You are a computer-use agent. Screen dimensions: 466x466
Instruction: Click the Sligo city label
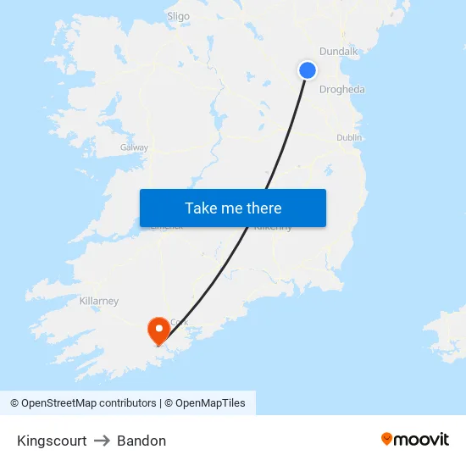pos(179,15)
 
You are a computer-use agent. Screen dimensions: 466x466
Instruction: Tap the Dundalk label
pos(339,52)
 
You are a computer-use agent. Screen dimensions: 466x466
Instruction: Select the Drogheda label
pos(342,90)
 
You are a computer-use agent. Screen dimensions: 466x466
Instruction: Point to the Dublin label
pos(349,137)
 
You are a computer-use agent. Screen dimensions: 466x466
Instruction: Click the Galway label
pos(134,147)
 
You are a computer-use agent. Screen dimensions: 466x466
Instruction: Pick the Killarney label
pos(98,301)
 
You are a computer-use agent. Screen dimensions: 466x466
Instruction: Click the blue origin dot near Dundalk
pos(308,70)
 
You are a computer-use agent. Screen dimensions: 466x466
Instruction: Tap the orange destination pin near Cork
pos(158,330)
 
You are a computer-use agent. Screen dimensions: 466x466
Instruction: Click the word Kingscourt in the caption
pos(52,441)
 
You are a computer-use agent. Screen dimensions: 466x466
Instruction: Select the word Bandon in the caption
pos(141,441)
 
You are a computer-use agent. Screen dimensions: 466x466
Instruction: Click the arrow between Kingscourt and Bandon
pos(102,441)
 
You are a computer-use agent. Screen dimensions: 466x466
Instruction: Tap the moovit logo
pos(415,439)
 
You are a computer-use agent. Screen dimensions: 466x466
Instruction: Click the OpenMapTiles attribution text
pos(209,403)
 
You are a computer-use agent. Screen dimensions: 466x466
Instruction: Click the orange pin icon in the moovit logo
pos(387,439)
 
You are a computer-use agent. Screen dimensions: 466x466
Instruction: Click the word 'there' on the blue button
pos(262,208)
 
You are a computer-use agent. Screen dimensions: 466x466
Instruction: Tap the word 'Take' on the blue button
pos(201,208)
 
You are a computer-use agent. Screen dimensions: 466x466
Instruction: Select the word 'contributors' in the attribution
pos(127,403)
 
